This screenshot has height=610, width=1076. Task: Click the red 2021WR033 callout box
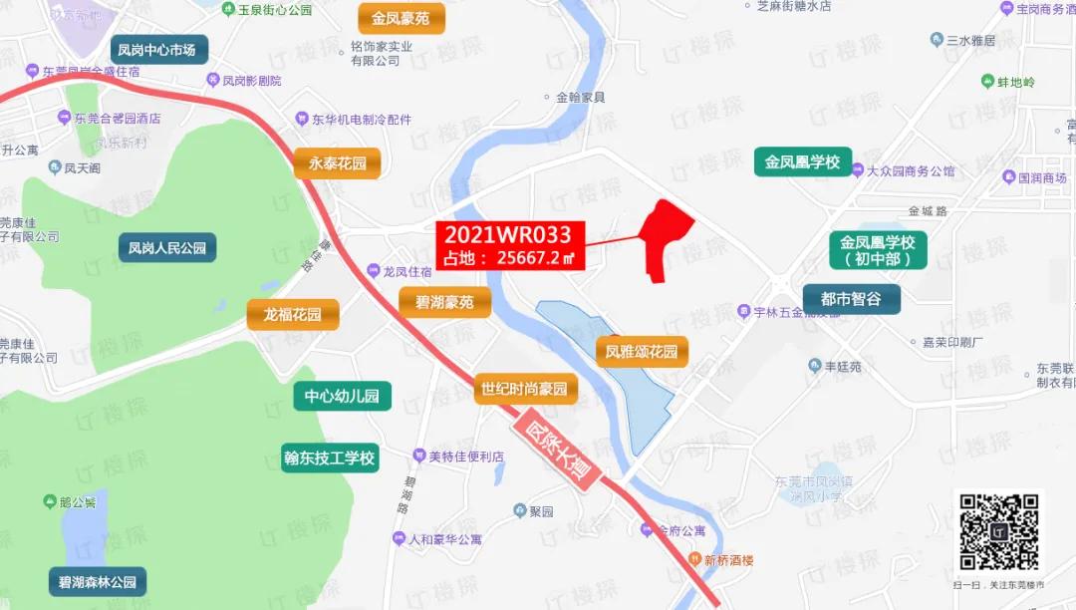509,245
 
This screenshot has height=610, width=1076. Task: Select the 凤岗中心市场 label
156,50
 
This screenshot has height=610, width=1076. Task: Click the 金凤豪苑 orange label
401,18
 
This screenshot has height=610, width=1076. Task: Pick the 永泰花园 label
338,163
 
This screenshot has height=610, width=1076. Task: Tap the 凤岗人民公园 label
167,247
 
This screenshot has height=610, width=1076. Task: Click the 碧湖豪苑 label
444,302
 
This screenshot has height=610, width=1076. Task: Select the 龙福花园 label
293,315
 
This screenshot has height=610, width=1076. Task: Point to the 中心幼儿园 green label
342,396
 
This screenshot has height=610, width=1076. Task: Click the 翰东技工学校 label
329,458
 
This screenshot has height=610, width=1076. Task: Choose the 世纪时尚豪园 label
524,388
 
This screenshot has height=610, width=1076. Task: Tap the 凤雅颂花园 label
642,351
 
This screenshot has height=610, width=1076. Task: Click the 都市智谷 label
851,298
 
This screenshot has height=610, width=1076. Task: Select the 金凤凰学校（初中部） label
877,251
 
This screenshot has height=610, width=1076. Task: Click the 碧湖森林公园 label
98,581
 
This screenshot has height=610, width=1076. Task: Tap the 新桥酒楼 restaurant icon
694,559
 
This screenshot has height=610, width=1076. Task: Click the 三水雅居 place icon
937,40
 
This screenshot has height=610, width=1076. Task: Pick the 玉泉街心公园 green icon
228,9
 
